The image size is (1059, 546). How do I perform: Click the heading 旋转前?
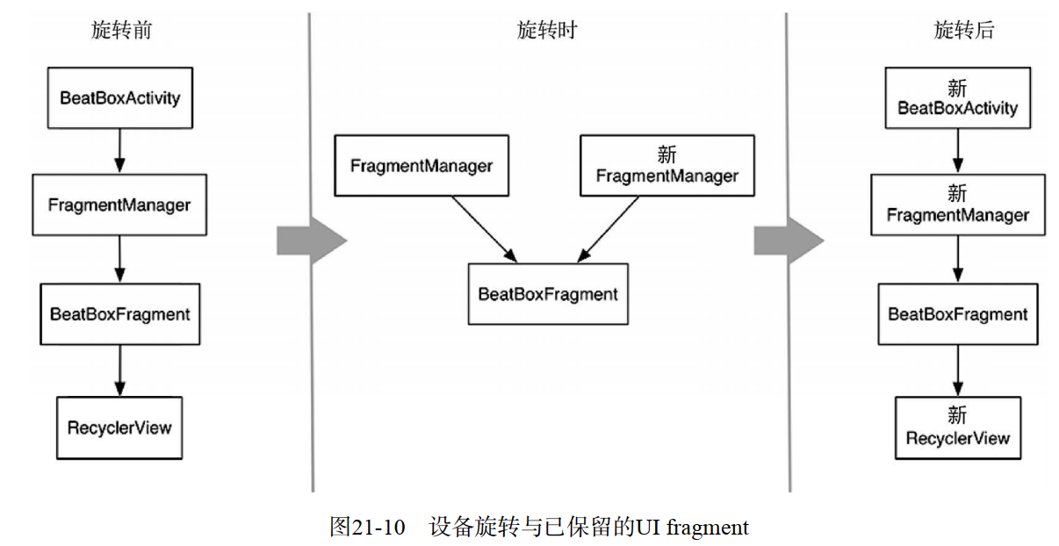point(121,31)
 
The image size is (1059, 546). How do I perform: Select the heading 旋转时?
point(546,31)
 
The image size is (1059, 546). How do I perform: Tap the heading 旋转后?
point(963,31)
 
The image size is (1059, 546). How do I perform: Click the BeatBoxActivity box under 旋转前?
point(119,97)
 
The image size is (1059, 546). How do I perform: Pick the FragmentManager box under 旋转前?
point(119,205)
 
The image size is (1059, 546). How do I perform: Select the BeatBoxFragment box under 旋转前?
point(119,313)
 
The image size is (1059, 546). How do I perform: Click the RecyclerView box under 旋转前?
point(119,427)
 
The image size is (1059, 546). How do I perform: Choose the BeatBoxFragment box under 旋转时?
point(548,294)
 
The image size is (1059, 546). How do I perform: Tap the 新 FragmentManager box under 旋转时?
point(666,165)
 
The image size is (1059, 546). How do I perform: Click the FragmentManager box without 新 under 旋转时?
point(421,165)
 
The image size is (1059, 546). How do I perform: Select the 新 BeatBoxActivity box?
point(957,98)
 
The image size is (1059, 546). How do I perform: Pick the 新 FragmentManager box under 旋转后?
point(958,205)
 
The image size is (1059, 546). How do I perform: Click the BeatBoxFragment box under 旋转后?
point(958,313)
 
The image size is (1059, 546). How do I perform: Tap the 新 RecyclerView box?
point(958,427)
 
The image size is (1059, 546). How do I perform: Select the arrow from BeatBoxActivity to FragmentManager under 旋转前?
point(120,150)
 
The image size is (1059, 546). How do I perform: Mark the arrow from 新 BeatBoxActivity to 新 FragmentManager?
point(958,151)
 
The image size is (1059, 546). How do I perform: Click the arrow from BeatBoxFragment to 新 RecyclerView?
point(958,370)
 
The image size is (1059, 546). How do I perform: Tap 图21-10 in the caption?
point(367,527)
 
